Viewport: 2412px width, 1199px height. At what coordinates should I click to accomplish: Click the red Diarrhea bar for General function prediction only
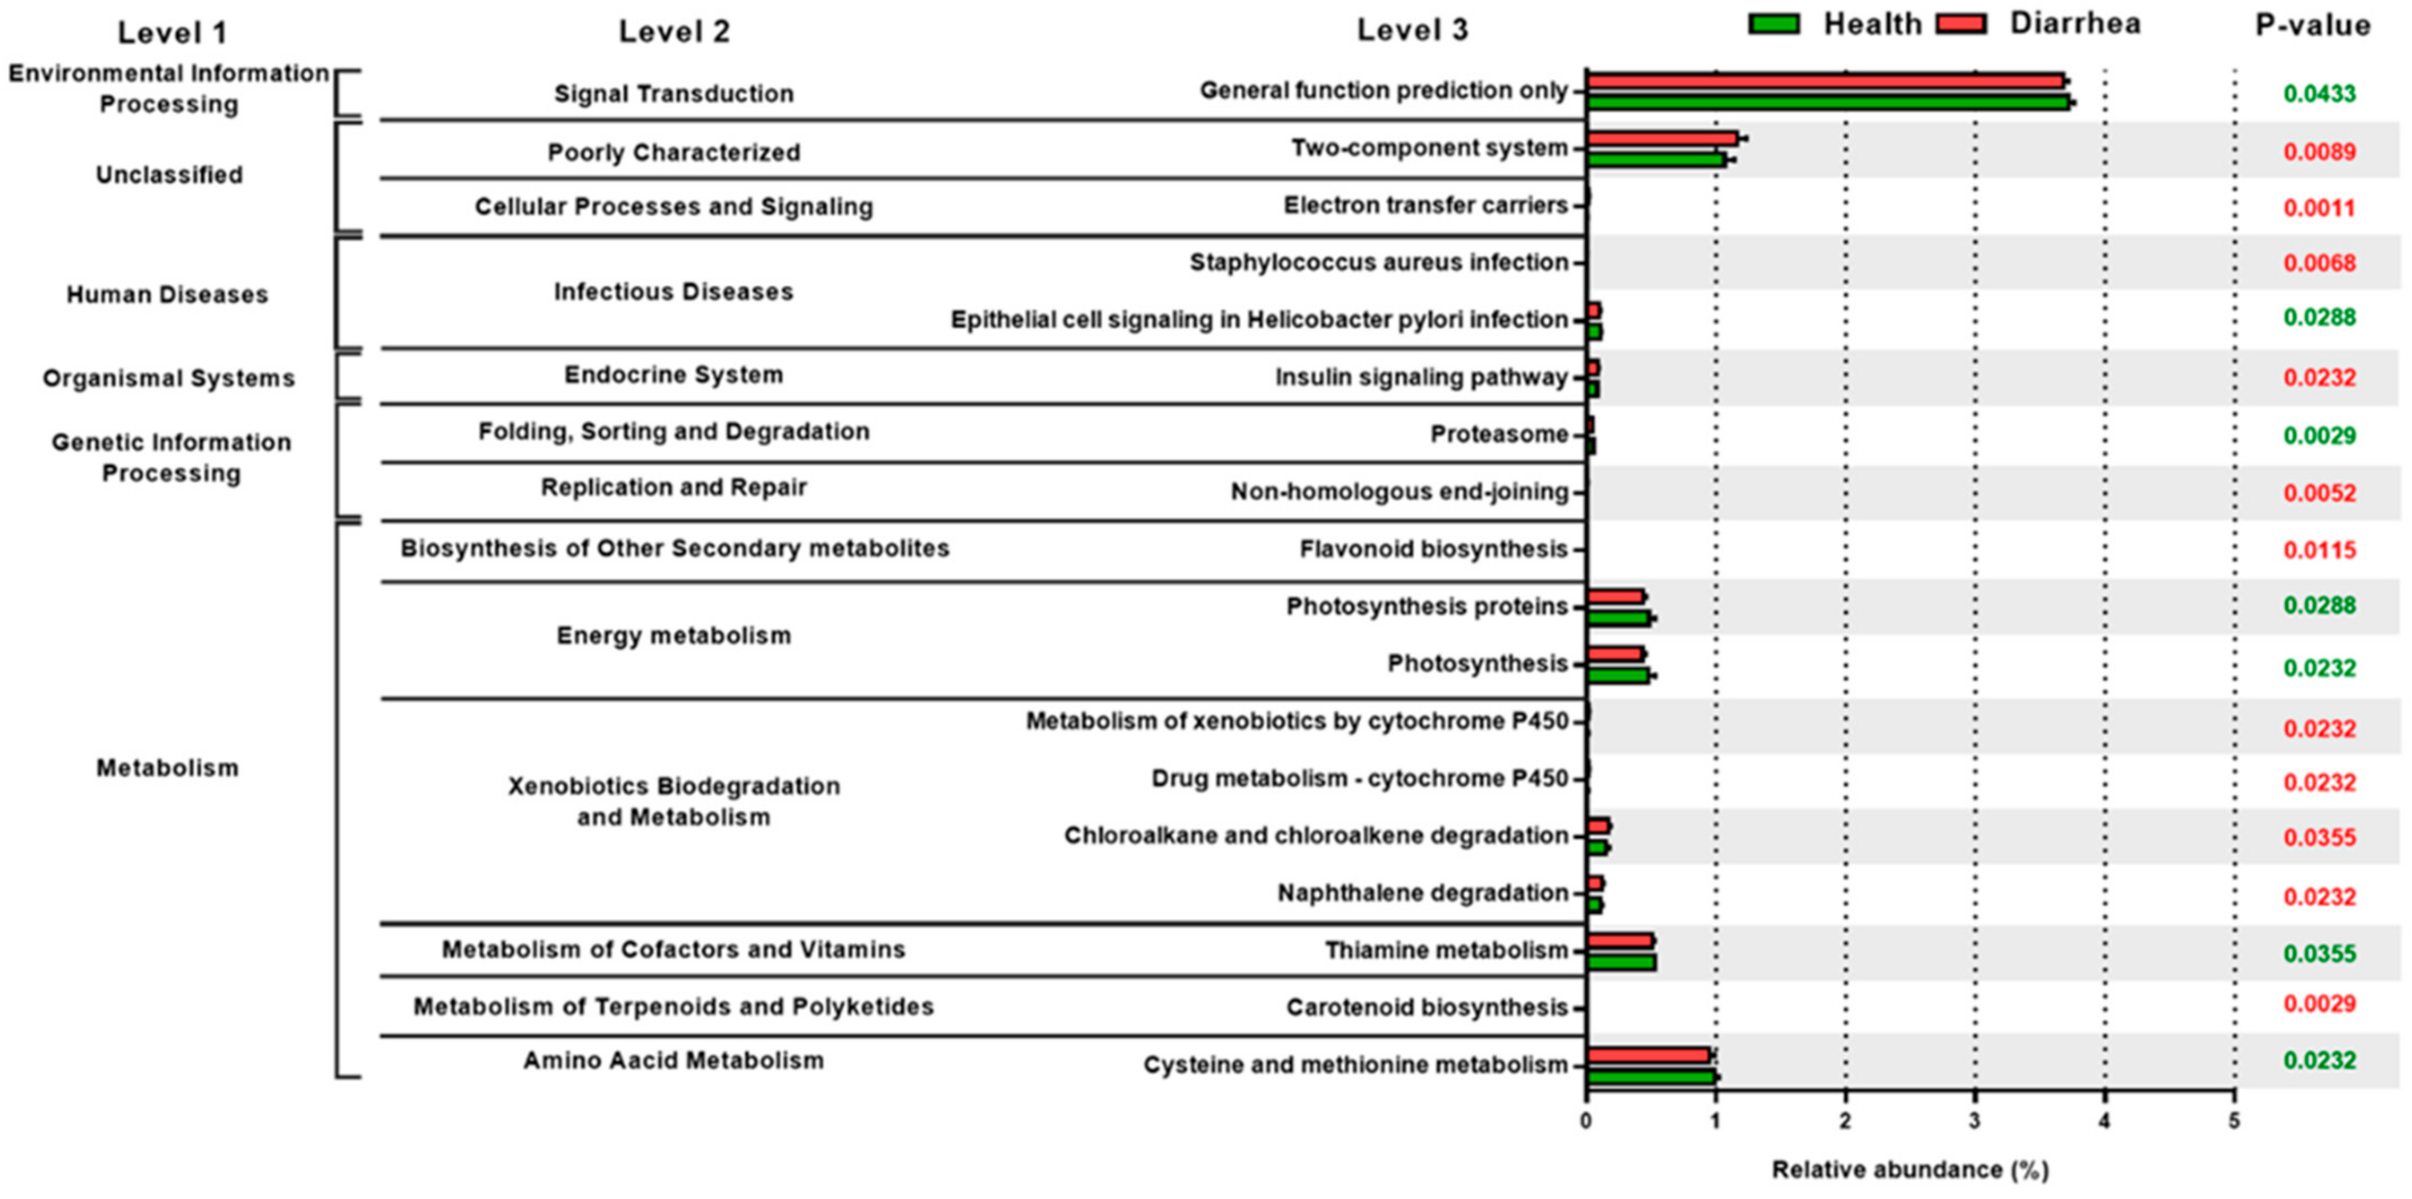[x=1826, y=81]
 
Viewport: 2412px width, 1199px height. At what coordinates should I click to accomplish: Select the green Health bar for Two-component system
[x=1655, y=160]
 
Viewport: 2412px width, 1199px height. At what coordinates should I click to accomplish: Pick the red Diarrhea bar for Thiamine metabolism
[x=1620, y=940]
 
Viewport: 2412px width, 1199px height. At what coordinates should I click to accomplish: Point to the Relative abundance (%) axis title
[x=1910, y=1170]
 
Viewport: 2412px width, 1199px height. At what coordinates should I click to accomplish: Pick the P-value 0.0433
[x=2320, y=94]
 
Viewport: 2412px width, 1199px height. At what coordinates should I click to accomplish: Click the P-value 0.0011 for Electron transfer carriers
[x=2320, y=208]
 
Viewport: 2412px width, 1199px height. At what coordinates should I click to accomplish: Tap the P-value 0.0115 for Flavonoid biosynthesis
[x=2320, y=550]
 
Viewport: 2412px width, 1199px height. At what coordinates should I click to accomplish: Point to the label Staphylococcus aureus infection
[x=1378, y=263]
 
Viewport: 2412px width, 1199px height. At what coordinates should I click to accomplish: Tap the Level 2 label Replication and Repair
[x=673, y=488]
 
